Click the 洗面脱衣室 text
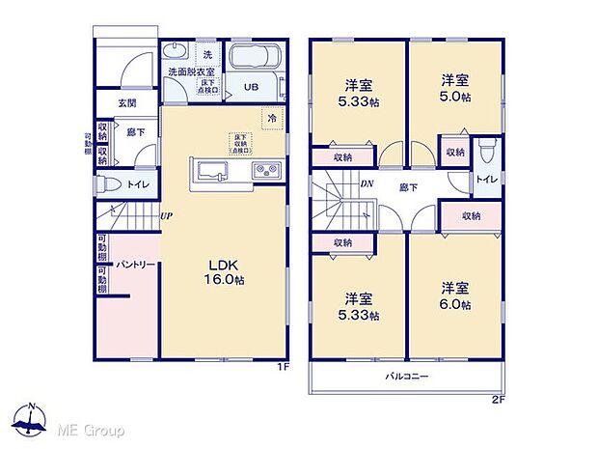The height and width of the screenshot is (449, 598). click(x=191, y=71)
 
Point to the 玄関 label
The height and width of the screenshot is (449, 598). click(x=126, y=101)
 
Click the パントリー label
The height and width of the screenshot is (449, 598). click(x=131, y=263)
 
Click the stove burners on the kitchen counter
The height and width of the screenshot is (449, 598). click(x=266, y=171)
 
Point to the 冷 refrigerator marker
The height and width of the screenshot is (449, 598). click(x=271, y=118)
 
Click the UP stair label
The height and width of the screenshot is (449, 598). click(x=167, y=215)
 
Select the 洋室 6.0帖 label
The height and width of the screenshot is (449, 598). click(x=456, y=295)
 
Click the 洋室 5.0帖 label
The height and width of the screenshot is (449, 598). click(x=456, y=87)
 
